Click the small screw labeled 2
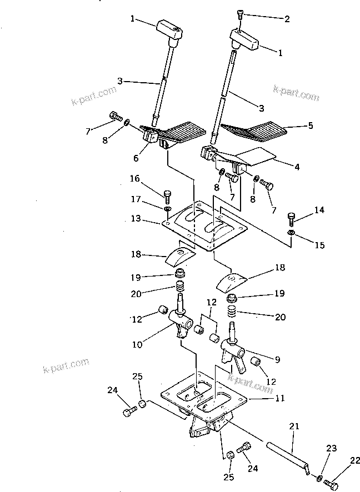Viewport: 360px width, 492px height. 239,14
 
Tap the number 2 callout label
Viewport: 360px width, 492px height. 287,18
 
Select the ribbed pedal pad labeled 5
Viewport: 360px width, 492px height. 253,131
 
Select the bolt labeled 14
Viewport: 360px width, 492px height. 291,217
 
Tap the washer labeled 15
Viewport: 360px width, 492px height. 291,232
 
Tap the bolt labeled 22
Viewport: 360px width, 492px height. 333,485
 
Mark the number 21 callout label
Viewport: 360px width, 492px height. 293,426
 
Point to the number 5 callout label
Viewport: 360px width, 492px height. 310,125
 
